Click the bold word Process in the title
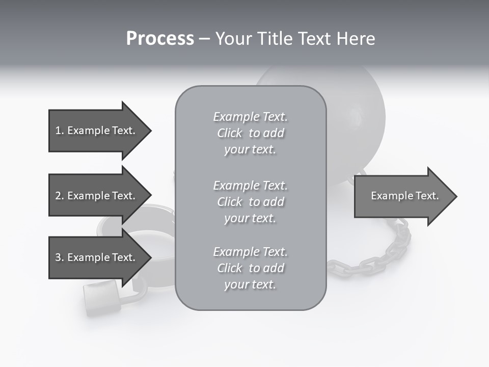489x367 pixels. pos(160,39)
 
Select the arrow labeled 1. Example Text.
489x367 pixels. pos(97,130)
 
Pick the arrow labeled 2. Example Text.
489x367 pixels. pos(97,196)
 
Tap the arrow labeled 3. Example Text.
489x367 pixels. pos(97,257)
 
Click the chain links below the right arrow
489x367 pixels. pos(387,250)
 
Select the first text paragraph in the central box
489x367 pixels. pos(250,133)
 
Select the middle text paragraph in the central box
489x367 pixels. pos(250,202)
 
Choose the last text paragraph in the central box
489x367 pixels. pos(250,268)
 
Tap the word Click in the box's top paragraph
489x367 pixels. pos(229,133)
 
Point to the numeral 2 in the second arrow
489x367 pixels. pos(58,196)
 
